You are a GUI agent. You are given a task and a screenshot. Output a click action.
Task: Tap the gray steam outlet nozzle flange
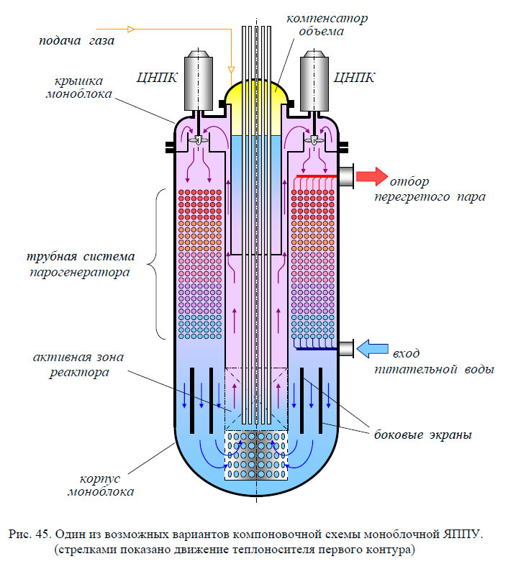(x=345, y=177)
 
